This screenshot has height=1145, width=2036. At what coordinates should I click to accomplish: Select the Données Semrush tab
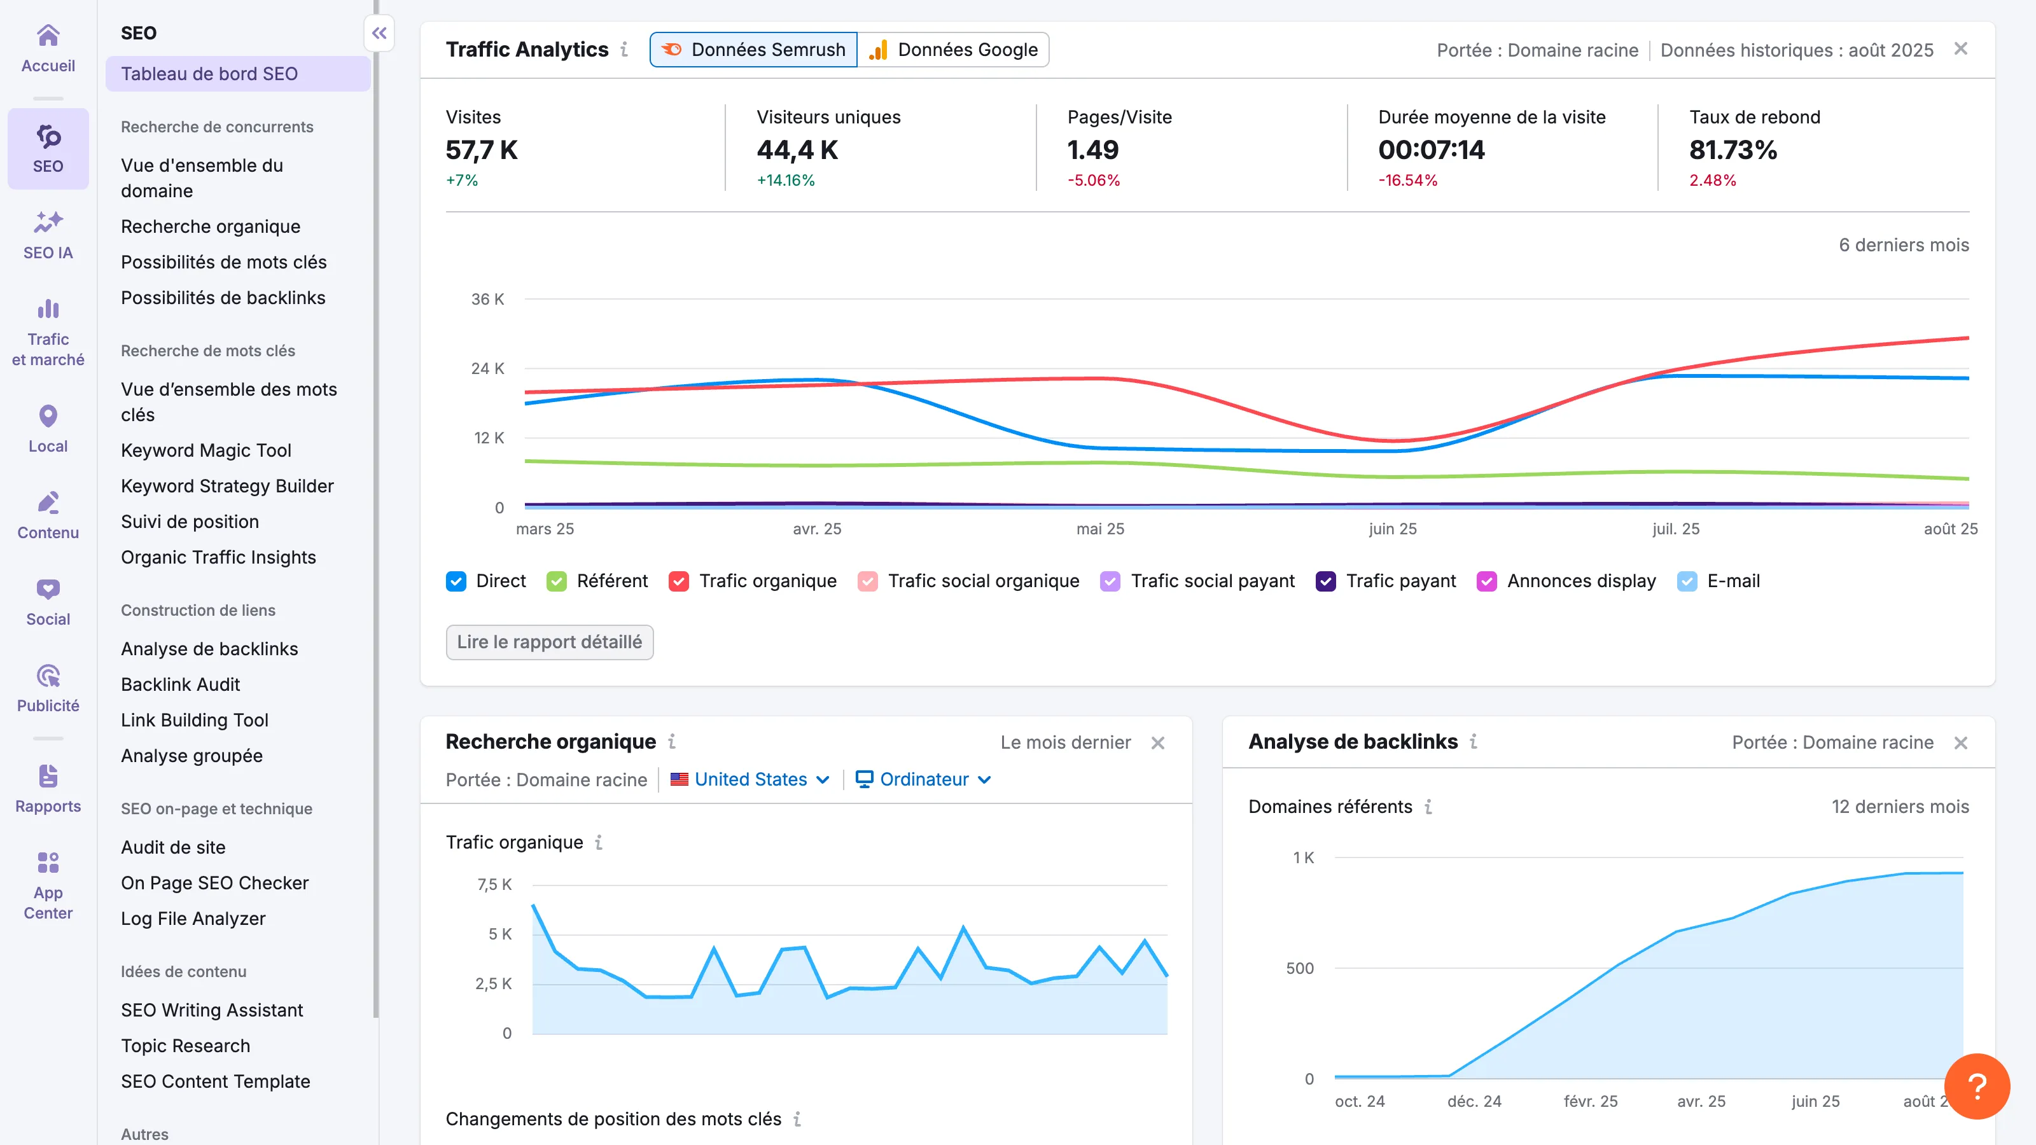point(753,50)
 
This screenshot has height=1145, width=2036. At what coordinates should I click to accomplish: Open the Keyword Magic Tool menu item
point(206,450)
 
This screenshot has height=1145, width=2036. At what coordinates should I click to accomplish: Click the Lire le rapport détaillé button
point(549,642)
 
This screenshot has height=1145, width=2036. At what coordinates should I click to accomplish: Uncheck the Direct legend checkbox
point(456,581)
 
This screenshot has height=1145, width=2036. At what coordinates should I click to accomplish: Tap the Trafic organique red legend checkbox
point(678,581)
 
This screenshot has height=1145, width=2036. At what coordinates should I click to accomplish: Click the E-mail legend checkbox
point(1687,581)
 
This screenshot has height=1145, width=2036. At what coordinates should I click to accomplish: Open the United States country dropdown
point(750,780)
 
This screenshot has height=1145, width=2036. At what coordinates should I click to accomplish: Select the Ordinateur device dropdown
point(923,780)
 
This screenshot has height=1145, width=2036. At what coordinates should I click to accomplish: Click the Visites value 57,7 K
point(482,150)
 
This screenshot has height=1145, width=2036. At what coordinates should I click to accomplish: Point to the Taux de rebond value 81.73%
point(1733,150)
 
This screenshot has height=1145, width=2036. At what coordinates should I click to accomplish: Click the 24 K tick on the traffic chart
point(487,368)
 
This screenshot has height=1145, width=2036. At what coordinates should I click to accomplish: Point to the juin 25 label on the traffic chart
point(1392,529)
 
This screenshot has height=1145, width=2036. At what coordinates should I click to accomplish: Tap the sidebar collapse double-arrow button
point(379,33)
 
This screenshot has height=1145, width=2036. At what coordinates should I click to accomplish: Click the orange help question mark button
point(1976,1086)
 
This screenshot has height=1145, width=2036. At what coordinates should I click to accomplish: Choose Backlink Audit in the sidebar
point(180,684)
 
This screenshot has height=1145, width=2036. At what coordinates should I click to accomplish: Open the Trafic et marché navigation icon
point(48,333)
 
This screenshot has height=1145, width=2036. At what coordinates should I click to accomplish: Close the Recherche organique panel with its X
point(1157,743)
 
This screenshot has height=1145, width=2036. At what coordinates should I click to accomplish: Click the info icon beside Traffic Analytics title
point(624,50)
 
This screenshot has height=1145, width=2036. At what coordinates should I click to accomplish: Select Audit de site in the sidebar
point(173,847)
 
